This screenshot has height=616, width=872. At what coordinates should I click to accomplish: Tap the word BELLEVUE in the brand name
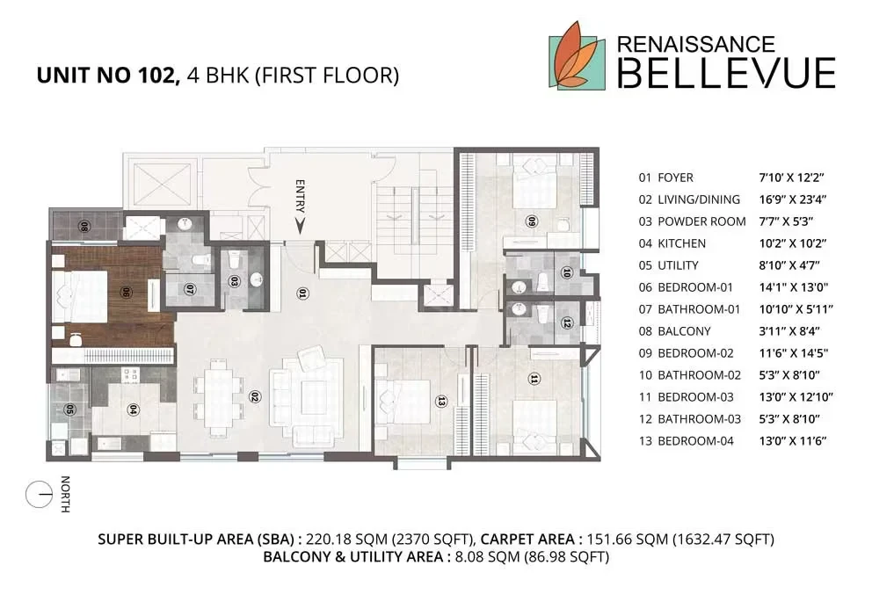725,71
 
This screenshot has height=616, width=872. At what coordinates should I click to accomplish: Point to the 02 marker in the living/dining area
254,395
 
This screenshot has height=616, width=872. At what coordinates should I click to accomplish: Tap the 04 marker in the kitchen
133,409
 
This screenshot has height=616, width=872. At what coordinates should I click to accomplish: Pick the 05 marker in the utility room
69,409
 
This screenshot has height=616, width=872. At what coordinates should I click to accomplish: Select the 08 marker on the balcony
84,226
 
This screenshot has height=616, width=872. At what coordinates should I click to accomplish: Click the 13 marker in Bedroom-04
441,401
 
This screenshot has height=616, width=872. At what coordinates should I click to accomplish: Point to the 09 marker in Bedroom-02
531,221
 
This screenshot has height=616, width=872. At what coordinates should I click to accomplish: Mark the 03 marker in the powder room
235,282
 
